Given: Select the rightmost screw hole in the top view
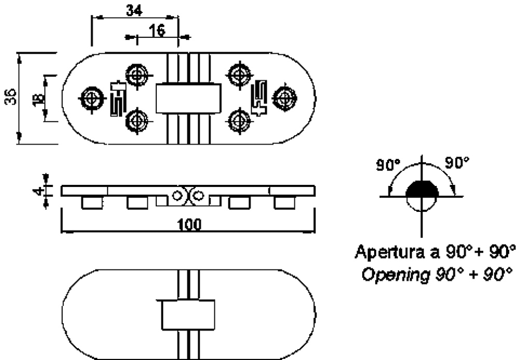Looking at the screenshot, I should (285, 97).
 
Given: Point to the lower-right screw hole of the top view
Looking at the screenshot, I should (239, 121).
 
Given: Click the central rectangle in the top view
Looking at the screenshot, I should (188, 98).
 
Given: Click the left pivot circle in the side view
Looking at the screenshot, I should (177, 196).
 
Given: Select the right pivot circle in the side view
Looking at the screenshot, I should (198, 196).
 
